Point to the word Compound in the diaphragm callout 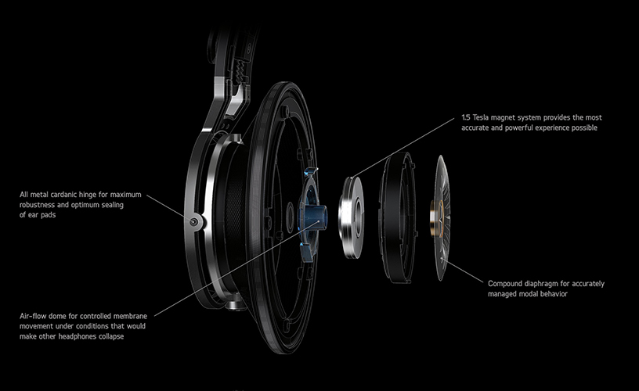(507, 283)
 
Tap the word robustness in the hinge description (41, 204)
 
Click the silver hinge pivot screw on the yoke (193, 222)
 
